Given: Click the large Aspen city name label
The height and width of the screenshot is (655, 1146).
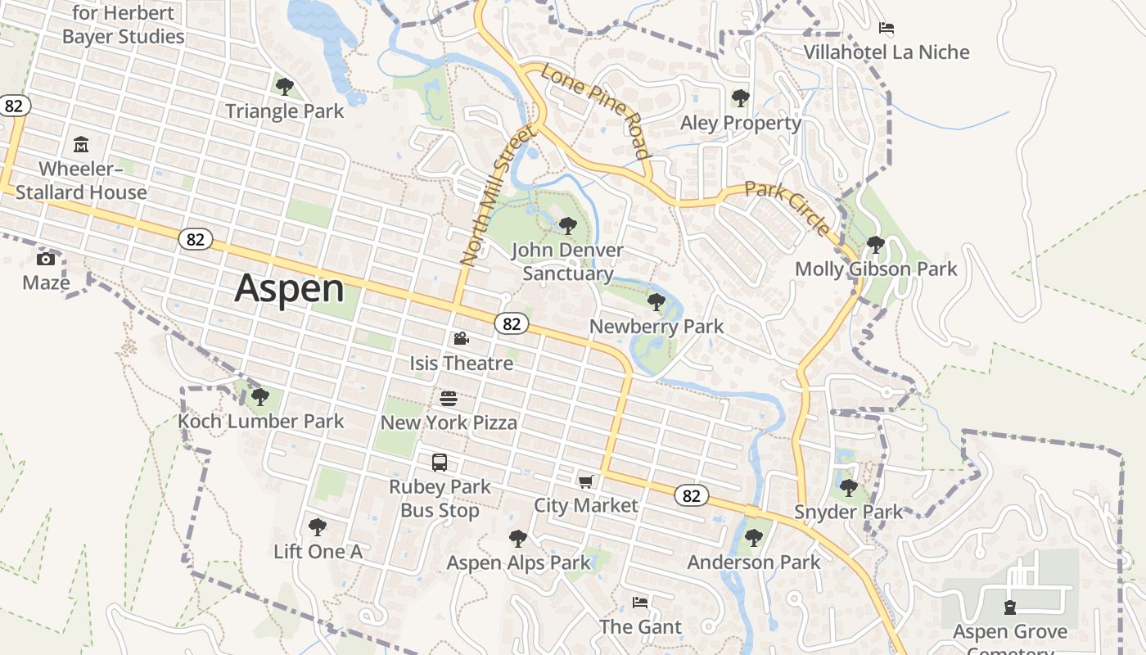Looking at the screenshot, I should pyautogui.click(x=290, y=289).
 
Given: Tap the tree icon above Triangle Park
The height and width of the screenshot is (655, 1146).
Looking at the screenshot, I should pyautogui.click(x=284, y=86).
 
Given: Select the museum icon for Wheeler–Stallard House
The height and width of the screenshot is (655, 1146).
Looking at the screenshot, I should pyautogui.click(x=81, y=145).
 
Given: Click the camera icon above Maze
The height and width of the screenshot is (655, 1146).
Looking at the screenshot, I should pyautogui.click(x=46, y=259).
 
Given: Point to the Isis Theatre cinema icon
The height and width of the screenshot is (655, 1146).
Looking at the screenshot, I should pyautogui.click(x=461, y=338).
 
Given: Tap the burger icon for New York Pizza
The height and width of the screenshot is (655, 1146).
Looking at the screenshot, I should pyautogui.click(x=448, y=399).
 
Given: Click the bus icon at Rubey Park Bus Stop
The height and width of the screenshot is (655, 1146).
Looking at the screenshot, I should pyautogui.click(x=440, y=463).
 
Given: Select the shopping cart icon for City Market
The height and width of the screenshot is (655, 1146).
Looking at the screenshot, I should pyautogui.click(x=585, y=481).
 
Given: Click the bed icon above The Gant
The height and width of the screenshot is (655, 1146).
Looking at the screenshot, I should pyautogui.click(x=640, y=603).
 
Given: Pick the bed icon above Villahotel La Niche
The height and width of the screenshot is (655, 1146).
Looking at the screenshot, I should pyautogui.click(x=886, y=28).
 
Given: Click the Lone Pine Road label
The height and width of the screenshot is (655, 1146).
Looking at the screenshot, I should pyautogui.click(x=595, y=111).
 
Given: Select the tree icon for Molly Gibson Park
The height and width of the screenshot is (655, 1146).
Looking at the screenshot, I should pyautogui.click(x=875, y=244).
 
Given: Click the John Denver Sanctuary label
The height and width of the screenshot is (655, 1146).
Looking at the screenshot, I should pyautogui.click(x=567, y=262).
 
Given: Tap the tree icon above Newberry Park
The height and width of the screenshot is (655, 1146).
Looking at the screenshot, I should pyautogui.click(x=656, y=302).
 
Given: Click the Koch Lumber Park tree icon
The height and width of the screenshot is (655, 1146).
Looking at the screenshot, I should pyautogui.click(x=260, y=397).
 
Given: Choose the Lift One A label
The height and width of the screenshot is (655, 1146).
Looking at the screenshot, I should pyautogui.click(x=318, y=551).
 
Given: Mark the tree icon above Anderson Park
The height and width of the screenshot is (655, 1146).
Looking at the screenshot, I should pyautogui.click(x=753, y=538).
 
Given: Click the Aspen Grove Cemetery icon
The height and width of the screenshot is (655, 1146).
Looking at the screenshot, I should pyautogui.click(x=1009, y=608).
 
